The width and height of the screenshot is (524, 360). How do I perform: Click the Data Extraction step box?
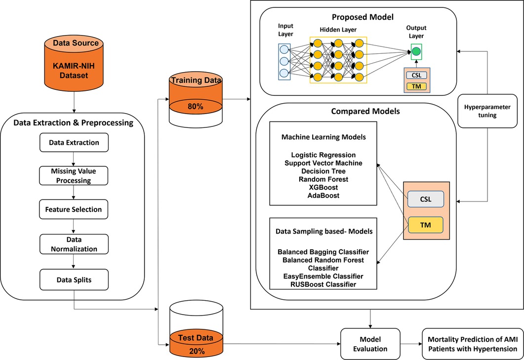click(74, 143)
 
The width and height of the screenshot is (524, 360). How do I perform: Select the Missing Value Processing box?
click(74, 176)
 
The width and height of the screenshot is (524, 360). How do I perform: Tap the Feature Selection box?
click(74, 209)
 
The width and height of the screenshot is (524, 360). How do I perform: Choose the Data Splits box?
click(74, 280)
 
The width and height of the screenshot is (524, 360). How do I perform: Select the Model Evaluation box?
click(370, 344)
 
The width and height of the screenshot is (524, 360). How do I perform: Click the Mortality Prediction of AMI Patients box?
click(472, 344)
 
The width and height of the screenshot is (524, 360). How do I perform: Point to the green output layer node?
click(417, 51)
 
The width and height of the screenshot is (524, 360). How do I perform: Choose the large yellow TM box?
click(425, 225)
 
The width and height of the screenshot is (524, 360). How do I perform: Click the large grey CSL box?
click(425, 199)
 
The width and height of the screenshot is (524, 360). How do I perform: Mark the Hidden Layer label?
click(338, 30)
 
